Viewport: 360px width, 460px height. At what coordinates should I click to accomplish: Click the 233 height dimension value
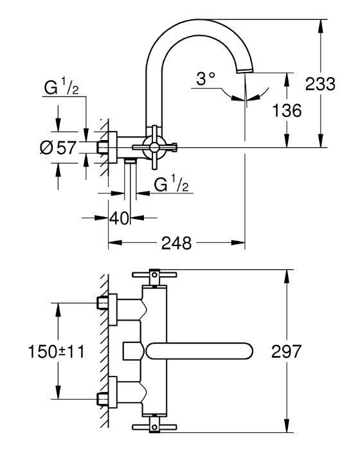coord(320,84)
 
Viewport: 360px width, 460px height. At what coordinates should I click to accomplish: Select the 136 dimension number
coord(287,111)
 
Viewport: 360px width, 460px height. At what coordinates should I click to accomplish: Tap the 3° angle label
coord(206,78)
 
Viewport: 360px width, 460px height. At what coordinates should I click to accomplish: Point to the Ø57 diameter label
coord(58,147)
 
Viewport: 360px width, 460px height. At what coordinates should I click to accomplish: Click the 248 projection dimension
coord(176,243)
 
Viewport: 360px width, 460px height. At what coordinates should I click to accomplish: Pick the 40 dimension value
coord(119,218)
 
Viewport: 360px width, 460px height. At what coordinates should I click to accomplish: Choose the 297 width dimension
coord(286,351)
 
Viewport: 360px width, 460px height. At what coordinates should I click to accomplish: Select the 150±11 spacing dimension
coord(56,351)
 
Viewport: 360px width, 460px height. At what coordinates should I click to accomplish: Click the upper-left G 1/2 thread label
coord(61,87)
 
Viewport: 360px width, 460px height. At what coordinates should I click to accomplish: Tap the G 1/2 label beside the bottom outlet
coord(171,184)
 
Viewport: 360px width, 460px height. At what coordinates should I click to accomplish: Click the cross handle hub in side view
coord(154,146)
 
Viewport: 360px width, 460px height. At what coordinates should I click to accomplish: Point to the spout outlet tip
coord(244,71)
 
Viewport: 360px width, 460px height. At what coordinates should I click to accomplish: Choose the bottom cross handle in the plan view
coord(154,427)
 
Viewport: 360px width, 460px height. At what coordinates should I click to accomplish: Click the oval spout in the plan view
coord(199,351)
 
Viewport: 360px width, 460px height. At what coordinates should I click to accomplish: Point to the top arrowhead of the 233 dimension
coord(320,26)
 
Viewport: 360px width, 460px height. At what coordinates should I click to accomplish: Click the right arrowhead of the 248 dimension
coord(238,243)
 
